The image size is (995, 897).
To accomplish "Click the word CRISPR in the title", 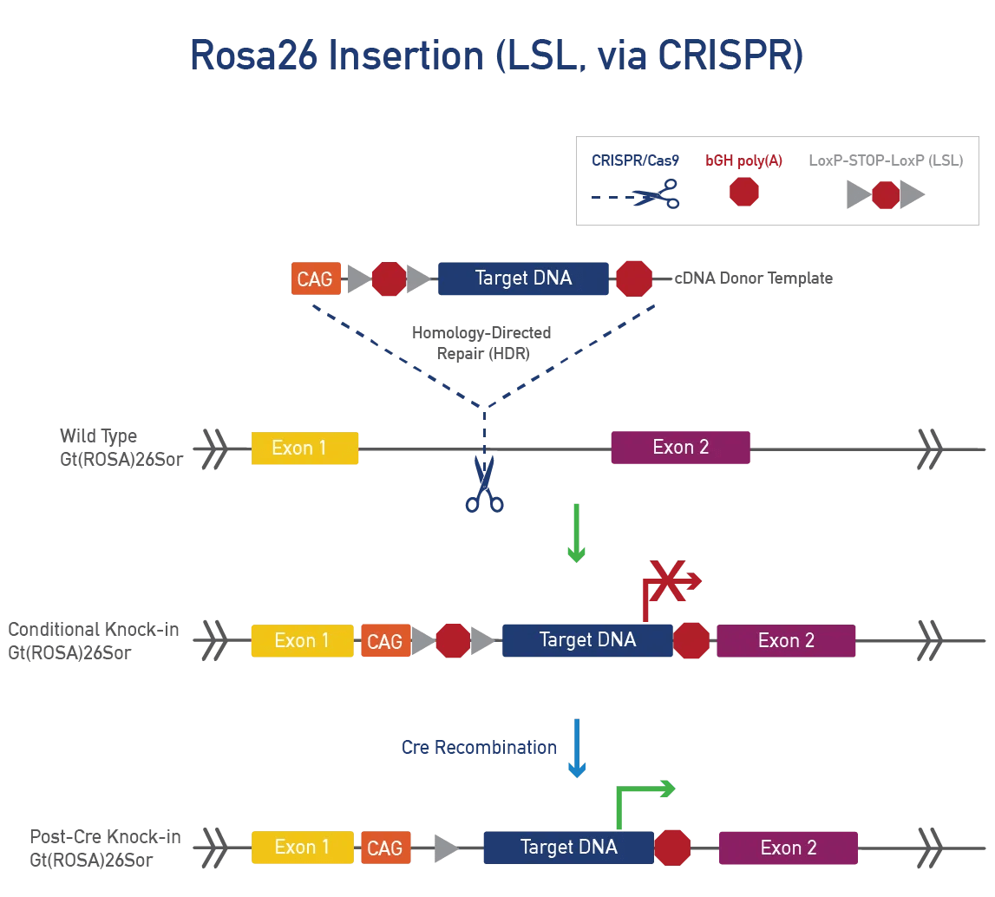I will [x=722, y=56].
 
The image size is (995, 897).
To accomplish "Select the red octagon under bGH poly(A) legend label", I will [x=744, y=191].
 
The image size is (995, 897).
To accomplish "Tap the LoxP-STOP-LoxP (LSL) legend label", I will [x=885, y=160].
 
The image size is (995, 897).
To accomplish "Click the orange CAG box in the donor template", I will [x=316, y=278].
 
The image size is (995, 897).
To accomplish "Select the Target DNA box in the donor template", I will [x=523, y=278].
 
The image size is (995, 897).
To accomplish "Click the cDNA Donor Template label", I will [x=753, y=278].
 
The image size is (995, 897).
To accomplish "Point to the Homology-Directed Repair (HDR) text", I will [x=481, y=343].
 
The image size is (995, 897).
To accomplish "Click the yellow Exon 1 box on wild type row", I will [x=304, y=448].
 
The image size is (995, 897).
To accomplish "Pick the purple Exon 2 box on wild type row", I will [x=680, y=448].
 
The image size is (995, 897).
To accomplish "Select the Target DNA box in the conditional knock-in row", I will [x=587, y=640].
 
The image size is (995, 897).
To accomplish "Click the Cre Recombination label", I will [x=479, y=748].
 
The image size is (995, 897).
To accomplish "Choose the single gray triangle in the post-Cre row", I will [x=446, y=848].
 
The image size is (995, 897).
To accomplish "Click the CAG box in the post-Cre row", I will [x=385, y=848].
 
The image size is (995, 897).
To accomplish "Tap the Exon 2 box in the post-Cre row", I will [x=788, y=848].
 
